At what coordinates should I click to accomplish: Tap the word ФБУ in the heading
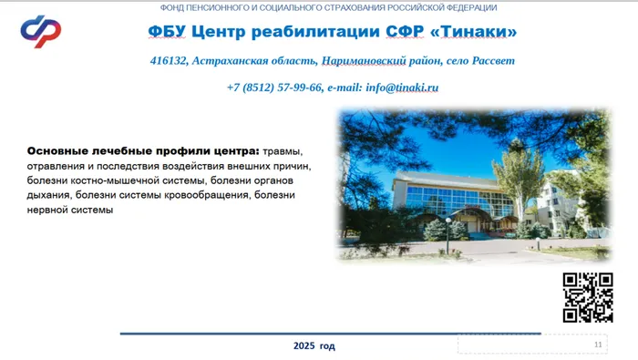(167, 32)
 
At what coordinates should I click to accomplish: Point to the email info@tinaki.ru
(402, 87)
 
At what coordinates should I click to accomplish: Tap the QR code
(587, 297)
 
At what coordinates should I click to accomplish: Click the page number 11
(598, 345)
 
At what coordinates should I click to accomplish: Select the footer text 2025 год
(314, 346)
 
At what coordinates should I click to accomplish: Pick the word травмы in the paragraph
(282, 150)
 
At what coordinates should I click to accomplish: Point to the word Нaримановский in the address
(365, 61)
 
